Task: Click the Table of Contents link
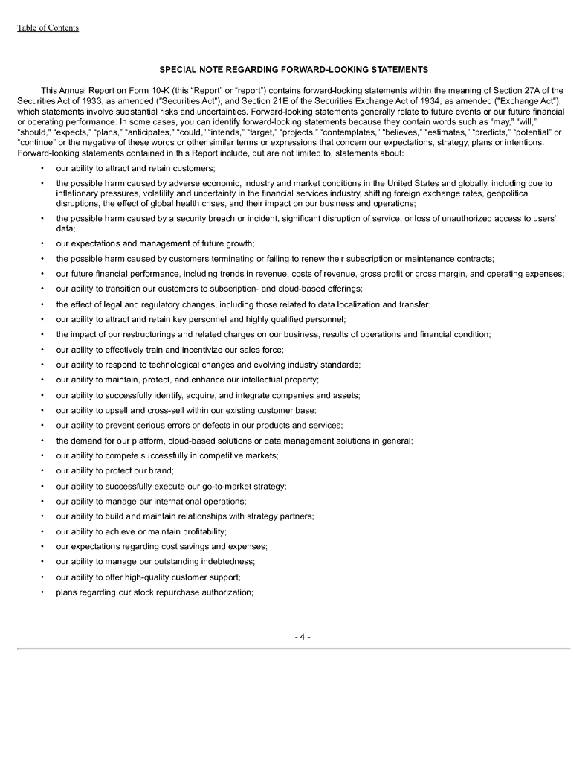48,28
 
